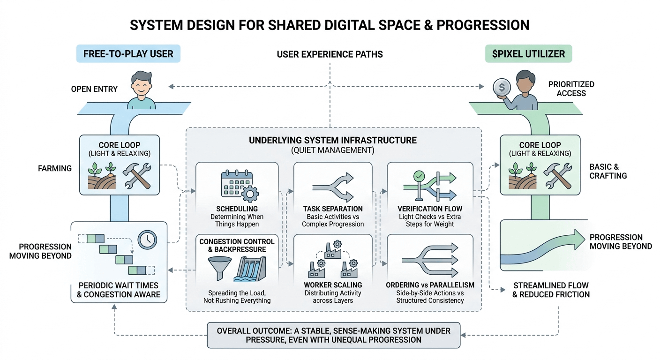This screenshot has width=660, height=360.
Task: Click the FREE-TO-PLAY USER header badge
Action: [x=128, y=54]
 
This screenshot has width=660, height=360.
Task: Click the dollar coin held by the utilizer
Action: [x=501, y=87]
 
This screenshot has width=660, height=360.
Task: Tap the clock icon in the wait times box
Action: [x=147, y=240]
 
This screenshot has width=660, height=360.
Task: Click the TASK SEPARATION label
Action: [x=333, y=209]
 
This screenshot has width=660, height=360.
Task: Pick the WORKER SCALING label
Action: [x=333, y=285]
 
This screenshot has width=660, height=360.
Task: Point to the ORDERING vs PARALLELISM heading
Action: [x=430, y=285]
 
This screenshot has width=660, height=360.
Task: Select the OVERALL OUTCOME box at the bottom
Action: [x=333, y=335]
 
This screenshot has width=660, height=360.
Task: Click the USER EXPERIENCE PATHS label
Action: [x=330, y=54]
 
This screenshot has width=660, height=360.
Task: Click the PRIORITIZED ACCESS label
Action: [x=571, y=89]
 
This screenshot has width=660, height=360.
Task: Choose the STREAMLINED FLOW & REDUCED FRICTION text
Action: [x=551, y=290]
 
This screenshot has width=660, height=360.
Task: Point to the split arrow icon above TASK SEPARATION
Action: [x=332, y=186]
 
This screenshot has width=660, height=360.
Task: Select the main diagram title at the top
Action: [x=330, y=25]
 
